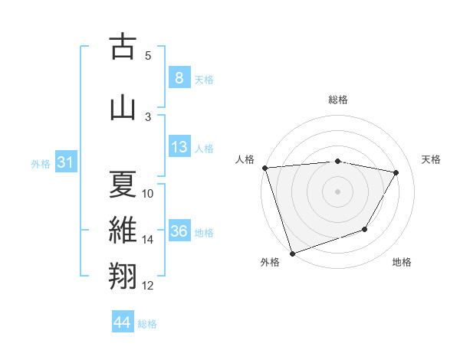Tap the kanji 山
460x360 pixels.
123,106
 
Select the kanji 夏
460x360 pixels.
123,185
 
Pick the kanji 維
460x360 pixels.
123,231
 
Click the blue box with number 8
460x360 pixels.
179,78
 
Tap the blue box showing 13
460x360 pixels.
179,147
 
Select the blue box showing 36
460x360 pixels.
179,231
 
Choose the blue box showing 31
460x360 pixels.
64,162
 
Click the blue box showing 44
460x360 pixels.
123,322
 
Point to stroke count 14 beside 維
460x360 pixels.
148,240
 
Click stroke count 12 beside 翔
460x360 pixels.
148,286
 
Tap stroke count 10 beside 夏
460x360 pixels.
148,194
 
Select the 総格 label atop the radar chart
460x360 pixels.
337,100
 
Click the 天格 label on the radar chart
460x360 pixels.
431,159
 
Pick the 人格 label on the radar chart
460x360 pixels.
245,159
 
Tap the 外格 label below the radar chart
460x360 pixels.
270,262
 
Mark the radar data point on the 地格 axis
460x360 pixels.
365,229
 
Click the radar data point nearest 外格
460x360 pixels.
292,252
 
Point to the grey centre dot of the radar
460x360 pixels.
337,190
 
